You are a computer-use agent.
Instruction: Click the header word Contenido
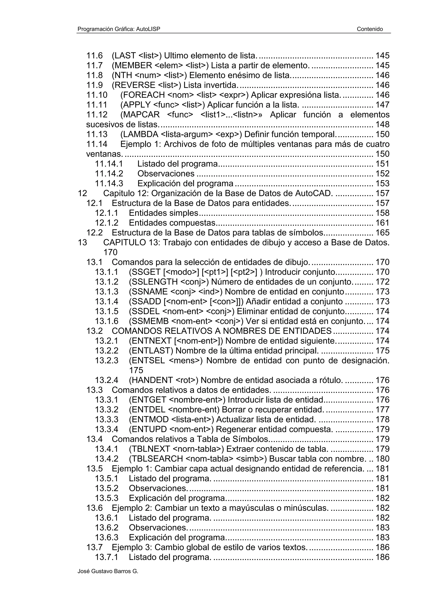(x=370, y=29)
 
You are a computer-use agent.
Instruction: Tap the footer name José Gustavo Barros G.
(x=108, y=571)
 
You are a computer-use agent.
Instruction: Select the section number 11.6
(x=95, y=55)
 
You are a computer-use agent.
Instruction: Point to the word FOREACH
(x=143, y=95)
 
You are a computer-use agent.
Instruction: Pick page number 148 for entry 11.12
(x=382, y=124)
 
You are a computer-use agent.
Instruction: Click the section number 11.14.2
(x=109, y=173)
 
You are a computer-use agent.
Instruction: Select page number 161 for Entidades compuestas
(x=382, y=223)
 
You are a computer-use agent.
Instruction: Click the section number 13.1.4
(x=107, y=302)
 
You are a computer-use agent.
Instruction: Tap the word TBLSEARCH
(x=156, y=459)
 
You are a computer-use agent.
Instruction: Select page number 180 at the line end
(x=382, y=459)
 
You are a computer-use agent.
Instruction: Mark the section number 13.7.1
(x=107, y=557)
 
